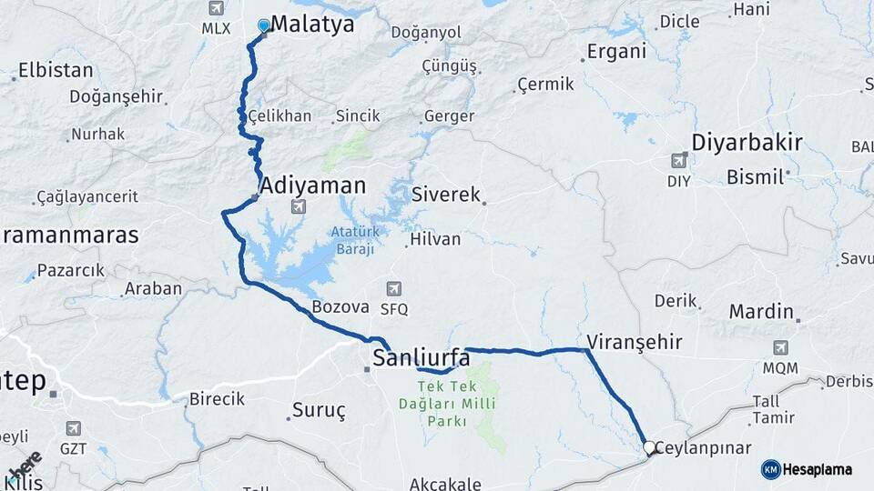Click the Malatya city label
tap(312, 25)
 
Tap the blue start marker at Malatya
tap(264, 25)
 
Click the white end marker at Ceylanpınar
tap(650, 447)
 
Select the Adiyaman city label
tap(313, 185)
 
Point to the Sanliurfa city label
tap(422, 357)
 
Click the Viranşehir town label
tap(635, 342)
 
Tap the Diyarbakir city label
tap(747, 142)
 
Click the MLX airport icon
tap(216, 8)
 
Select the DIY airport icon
tap(678, 161)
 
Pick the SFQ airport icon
tap(394, 289)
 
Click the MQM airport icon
tap(780, 347)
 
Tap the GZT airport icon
tap(74, 428)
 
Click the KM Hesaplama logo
tap(807, 469)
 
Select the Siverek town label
tap(445, 195)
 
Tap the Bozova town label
tap(340, 307)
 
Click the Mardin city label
tap(761, 312)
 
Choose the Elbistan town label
tap(56, 70)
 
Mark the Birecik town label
tap(217, 399)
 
